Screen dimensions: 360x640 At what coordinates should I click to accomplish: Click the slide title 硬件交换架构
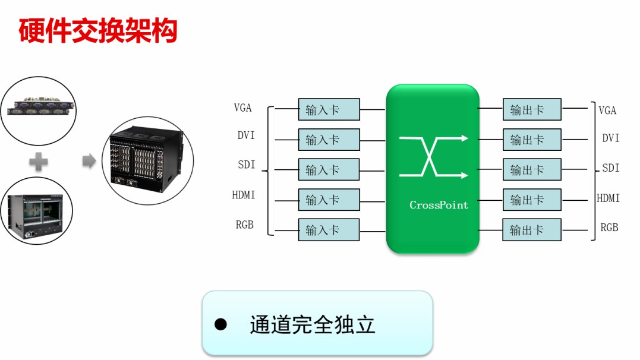[x=98, y=31]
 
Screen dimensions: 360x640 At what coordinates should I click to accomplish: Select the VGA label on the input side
[x=242, y=108]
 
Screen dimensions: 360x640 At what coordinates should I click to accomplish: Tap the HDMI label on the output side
[x=608, y=198]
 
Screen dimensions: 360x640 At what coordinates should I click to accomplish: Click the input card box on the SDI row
[x=329, y=170]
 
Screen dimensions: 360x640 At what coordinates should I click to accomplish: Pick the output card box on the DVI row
[x=532, y=140]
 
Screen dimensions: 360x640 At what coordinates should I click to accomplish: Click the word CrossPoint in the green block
[x=439, y=205]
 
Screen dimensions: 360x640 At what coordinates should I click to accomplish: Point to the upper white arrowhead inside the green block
[x=464, y=138]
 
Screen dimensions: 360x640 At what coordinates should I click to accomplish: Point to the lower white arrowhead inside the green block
[x=464, y=175]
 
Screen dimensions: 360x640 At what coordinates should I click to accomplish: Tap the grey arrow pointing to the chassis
[x=89, y=160]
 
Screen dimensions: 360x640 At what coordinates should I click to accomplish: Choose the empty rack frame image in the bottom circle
[x=36, y=211]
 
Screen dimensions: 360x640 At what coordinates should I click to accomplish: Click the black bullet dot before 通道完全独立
[x=221, y=324]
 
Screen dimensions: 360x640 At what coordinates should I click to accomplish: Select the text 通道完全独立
[x=313, y=325]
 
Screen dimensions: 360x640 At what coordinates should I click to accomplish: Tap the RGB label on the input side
[x=244, y=225]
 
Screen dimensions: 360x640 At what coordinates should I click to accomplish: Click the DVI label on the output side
[x=610, y=138]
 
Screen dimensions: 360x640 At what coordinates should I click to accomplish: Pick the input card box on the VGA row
[x=329, y=110]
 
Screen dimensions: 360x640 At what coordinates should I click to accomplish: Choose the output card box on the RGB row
[x=532, y=230]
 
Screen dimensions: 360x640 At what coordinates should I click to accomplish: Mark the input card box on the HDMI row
[x=329, y=200]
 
